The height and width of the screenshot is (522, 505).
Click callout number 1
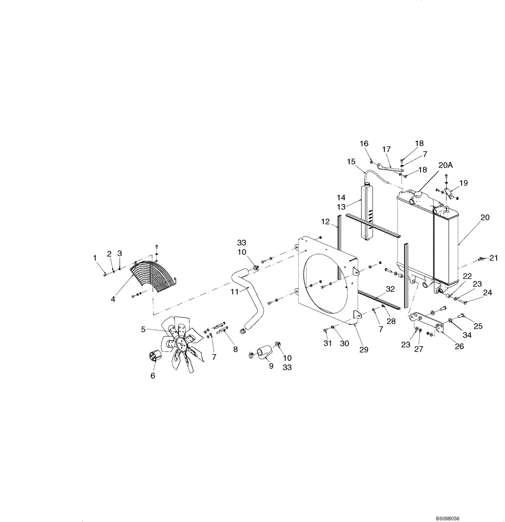95,257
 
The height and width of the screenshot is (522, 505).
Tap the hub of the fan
181,342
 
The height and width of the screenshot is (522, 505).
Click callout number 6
153,376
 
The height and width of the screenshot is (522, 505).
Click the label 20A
446,165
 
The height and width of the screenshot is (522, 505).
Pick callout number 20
485,218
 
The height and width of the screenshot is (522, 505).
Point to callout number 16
364,144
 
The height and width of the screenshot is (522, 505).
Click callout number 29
364,350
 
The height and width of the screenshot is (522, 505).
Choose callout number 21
494,258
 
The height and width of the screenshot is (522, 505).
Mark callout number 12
325,222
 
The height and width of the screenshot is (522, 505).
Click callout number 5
143,329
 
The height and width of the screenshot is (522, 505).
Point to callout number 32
390,289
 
